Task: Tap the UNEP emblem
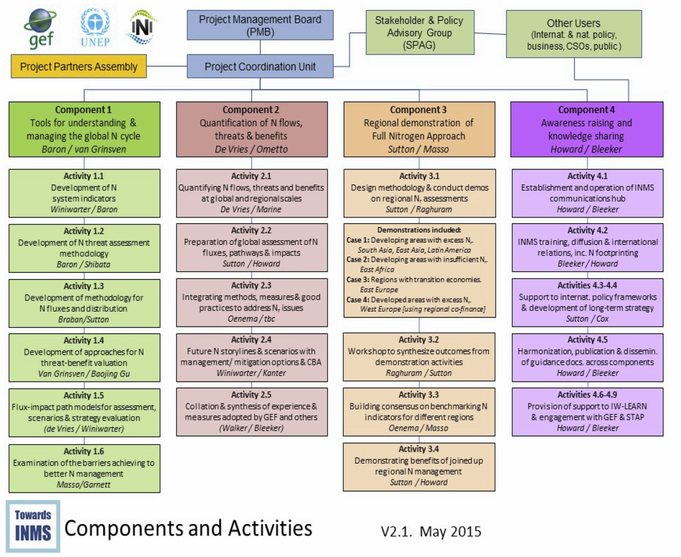click(95, 27)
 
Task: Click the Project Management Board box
click(260, 26)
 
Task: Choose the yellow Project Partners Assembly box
click(78, 67)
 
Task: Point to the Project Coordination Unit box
click(260, 67)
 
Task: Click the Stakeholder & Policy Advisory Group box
click(419, 33)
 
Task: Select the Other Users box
click(573, 34)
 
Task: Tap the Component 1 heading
click(83, 110)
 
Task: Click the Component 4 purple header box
click(586, 129)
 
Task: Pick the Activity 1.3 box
click(84, 303)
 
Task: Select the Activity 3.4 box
click(419, 466)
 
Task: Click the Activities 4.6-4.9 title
click(586, 394)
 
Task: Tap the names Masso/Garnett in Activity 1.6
click(83, 485)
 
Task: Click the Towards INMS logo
click(32, 526)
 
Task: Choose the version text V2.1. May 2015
click(431, 531)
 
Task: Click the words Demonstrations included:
click(419, 230)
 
